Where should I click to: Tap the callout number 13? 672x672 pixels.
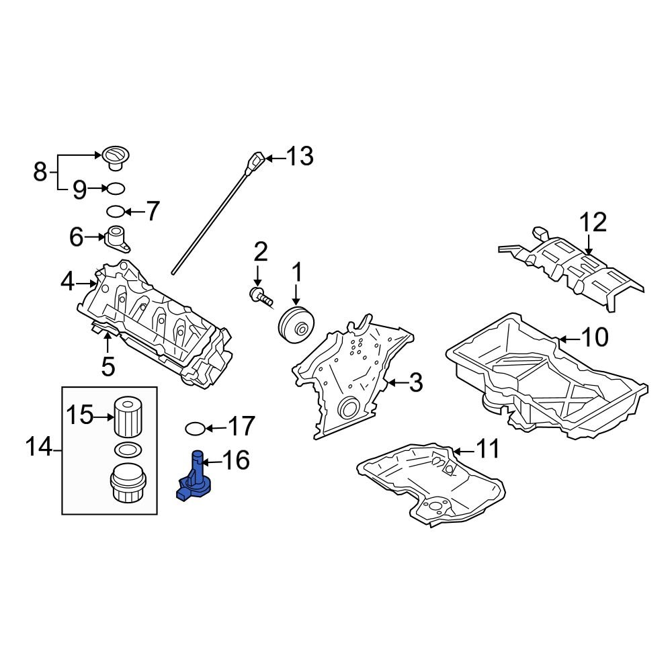tap(299, 157)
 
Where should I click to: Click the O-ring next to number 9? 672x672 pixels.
tap(116, 188)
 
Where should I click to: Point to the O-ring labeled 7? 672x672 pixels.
tap(116, 212)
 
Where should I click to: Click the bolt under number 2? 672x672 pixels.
tap(261, 296)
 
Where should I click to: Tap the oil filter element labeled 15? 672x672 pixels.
tap(128, 417)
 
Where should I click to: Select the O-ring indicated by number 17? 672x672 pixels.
tap(194, 427)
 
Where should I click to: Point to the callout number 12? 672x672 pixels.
tap(593, 222)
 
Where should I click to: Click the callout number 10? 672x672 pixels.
tap(594, 337)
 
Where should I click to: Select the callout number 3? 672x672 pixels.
tap(415, 384)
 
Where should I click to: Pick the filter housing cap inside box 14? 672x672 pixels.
tap(128, 485)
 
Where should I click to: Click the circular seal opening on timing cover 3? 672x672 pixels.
tap(349, 408)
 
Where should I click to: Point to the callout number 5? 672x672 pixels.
tap(108, 367)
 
